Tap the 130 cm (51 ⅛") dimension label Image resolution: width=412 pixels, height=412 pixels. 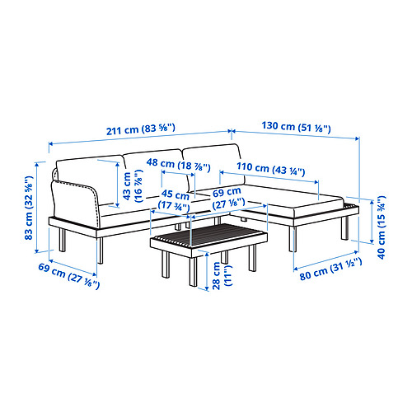(298, 129)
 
